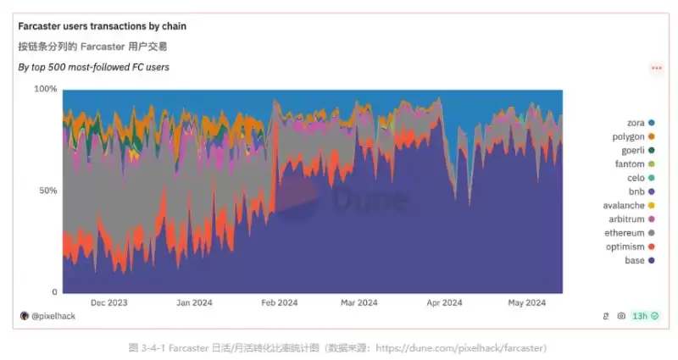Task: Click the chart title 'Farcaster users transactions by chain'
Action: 103,26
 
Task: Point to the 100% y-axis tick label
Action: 46,89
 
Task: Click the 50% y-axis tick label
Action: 47,191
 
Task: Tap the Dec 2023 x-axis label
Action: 108,302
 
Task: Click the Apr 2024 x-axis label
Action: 443,302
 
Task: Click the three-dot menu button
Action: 656,68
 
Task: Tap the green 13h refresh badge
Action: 645,316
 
